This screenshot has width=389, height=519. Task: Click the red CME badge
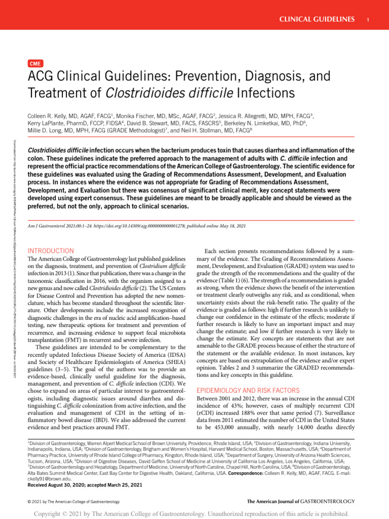click(x=35, y=63)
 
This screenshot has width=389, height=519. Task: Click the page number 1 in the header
click(x=366, y=19)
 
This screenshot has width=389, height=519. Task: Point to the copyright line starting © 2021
click(x=73, y=501)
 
